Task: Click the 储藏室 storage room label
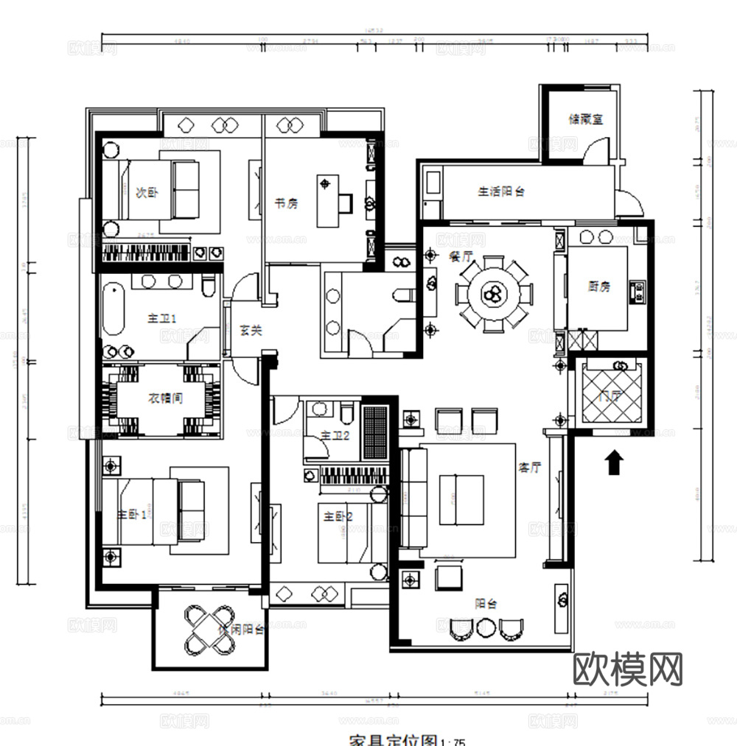point(586,119)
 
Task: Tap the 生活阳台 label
point(501,191)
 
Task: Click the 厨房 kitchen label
point(599,286)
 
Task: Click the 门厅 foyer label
point(610,395)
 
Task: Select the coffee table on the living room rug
point(461,499)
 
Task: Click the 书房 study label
point(286,204)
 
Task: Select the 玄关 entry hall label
point(251,331)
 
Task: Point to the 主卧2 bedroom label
point(338,517)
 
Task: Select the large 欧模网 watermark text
point(628,668)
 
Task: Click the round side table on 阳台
point(486,628)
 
